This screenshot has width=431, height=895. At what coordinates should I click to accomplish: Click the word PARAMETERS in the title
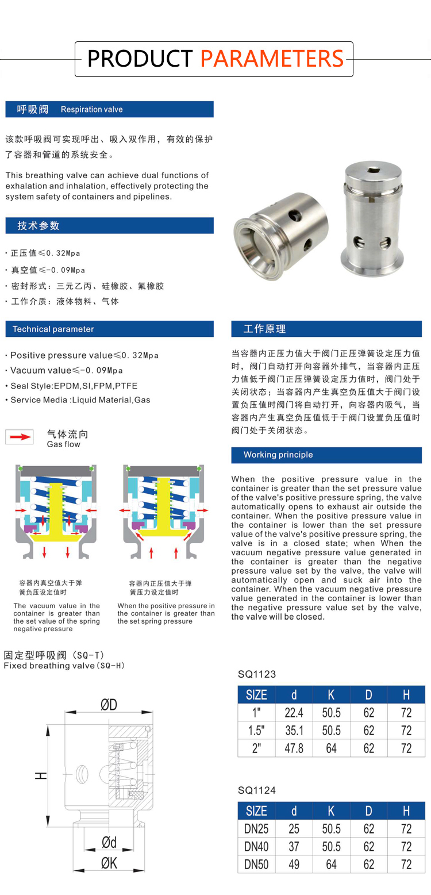(272, 59)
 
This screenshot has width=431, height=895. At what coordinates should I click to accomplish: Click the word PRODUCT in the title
(140, 59)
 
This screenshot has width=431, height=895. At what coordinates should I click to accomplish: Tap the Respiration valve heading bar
(109, 109)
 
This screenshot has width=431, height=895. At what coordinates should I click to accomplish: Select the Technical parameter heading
(109, 329)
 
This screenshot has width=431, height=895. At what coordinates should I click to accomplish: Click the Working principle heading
(326, 455)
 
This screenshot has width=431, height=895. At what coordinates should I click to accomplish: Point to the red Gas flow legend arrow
(20, 437)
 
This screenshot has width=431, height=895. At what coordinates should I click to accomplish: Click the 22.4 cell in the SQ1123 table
(294, 713)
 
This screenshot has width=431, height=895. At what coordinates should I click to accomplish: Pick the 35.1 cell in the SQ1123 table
(294, 731)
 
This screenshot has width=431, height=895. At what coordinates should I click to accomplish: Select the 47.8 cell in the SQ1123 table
(294, 748)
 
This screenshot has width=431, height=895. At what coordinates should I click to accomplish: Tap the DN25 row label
(256, 829)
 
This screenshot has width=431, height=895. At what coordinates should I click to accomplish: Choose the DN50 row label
(256, 865)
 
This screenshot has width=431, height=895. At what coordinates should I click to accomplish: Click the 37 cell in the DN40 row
(294, 847)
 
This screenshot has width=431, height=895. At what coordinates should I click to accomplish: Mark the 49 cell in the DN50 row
(294, 865)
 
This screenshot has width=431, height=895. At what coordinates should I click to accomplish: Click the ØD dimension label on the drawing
(109, 705)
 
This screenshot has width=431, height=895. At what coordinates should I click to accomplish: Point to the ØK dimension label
(109, 862)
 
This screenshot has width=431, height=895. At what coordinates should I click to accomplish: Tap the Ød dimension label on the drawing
(109, 842)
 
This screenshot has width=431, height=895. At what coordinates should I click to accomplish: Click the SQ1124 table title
(257, 790)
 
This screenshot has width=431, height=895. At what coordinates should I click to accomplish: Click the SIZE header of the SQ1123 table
(256, 694)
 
